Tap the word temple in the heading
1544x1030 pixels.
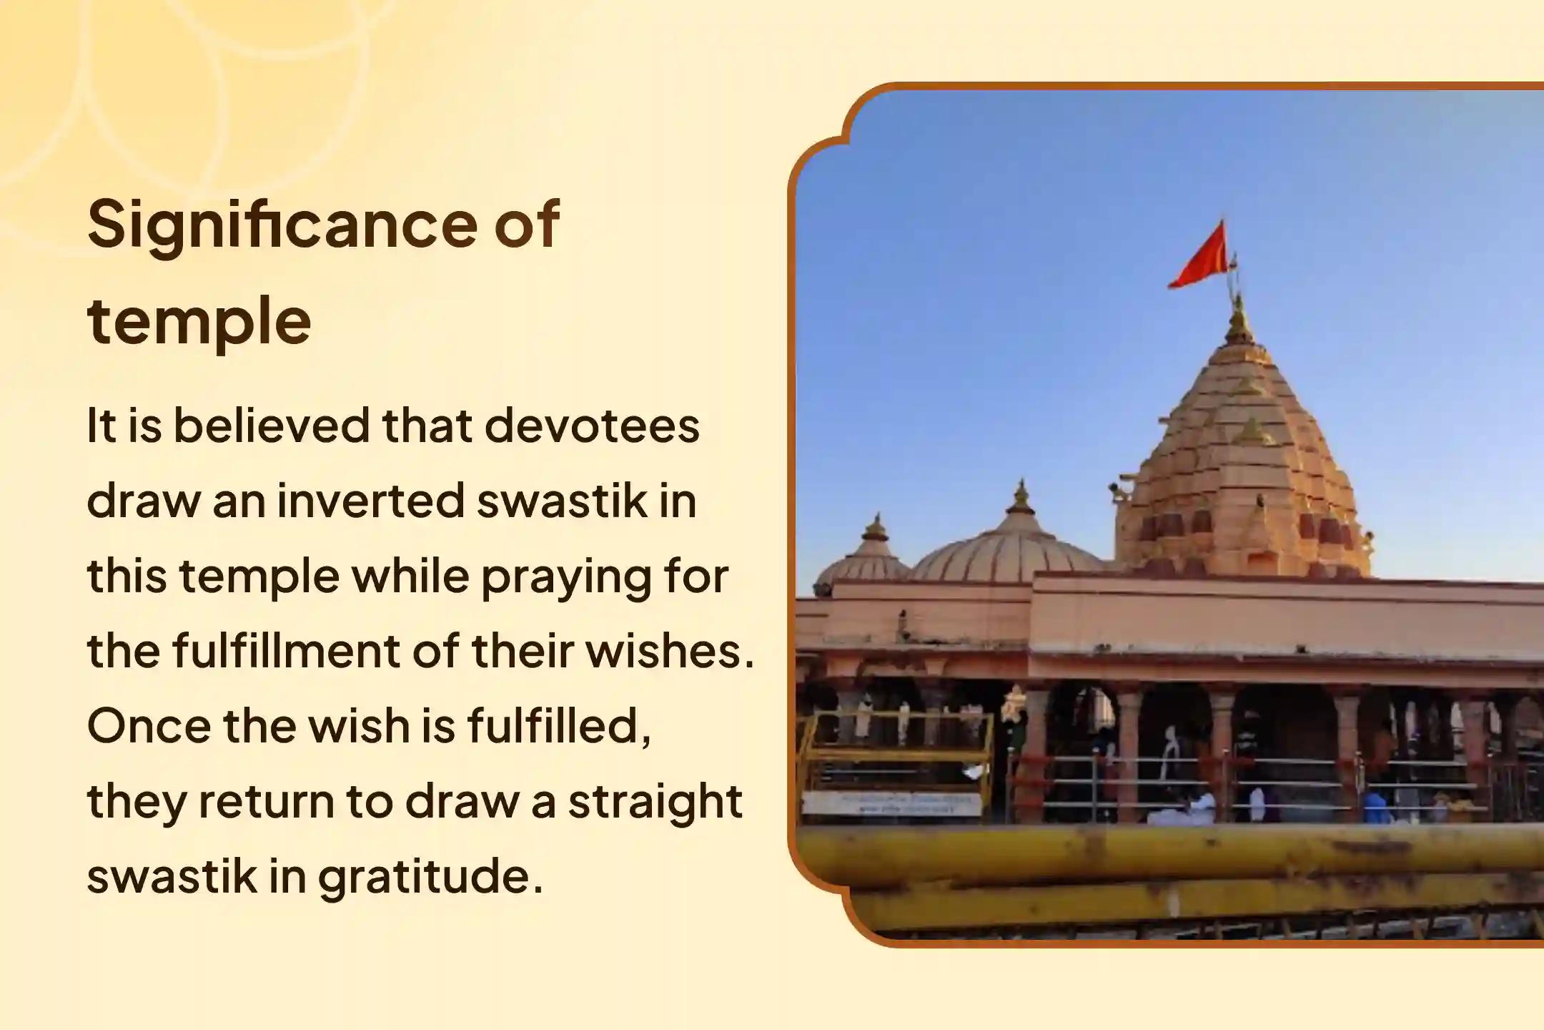(x=199, y=320)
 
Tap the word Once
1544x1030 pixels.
(x=148, y=726)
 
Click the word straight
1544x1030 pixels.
(x=655, y=802)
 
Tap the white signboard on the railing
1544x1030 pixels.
(x=890, y=803)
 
